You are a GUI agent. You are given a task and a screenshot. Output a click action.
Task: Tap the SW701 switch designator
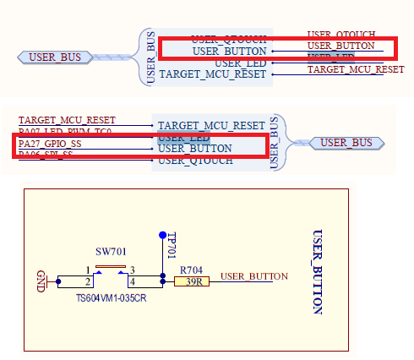point(110,253)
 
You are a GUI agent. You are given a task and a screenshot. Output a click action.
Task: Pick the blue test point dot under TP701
point(162,234)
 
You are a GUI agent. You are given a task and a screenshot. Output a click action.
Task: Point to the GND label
point(41,280)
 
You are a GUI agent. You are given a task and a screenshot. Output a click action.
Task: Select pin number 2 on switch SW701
point(87,281)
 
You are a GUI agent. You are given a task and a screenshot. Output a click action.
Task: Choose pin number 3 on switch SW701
point(132,270)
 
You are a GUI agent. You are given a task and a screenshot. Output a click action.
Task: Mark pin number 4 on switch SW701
point(132,281)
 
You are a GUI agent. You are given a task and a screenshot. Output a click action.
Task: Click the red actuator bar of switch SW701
point(110,266)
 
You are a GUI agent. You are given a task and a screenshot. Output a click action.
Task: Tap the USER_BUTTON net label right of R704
point(253,276)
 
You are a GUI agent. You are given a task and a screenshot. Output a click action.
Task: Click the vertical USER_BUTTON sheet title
point(318,271)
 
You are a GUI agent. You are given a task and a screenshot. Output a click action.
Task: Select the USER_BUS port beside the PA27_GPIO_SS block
point(346,143)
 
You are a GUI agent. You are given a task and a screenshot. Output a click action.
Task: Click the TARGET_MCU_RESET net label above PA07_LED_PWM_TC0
point(67,121)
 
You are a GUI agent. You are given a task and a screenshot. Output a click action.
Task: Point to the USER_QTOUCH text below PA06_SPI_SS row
point(196,160)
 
